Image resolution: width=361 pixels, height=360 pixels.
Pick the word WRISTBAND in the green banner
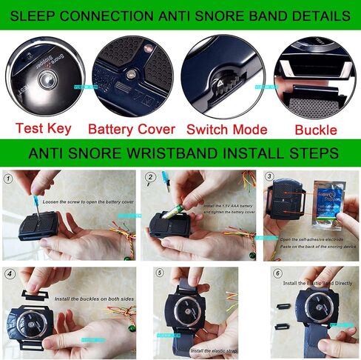pyautogui.click(x=195, y=153)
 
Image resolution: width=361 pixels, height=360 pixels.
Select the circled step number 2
pyautogui.click(x=150, y=179)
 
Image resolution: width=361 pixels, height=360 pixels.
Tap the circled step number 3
pyautogui.click(x=270, y=178)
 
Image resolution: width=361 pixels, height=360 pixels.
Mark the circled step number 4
pyautogui.click(x=9, y=273)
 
